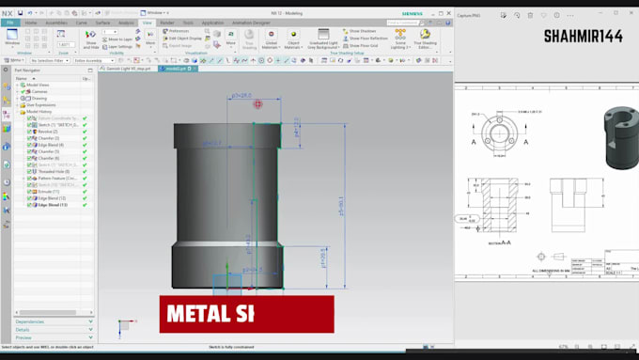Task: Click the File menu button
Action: pyautogui.click(x=9, y=22)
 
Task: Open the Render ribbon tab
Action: pyautogui.click(x=166, y=22)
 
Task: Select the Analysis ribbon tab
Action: pyautogui.click(x=126, y=22)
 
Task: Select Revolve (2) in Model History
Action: pyautogui.click(x=48, y=131)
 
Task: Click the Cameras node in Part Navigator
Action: pyautogui.click(x=39, y=91)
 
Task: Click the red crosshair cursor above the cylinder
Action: pyautogui.click(x=257, y=104)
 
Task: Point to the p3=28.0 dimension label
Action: pyautogui.click(x=240, y=96)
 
